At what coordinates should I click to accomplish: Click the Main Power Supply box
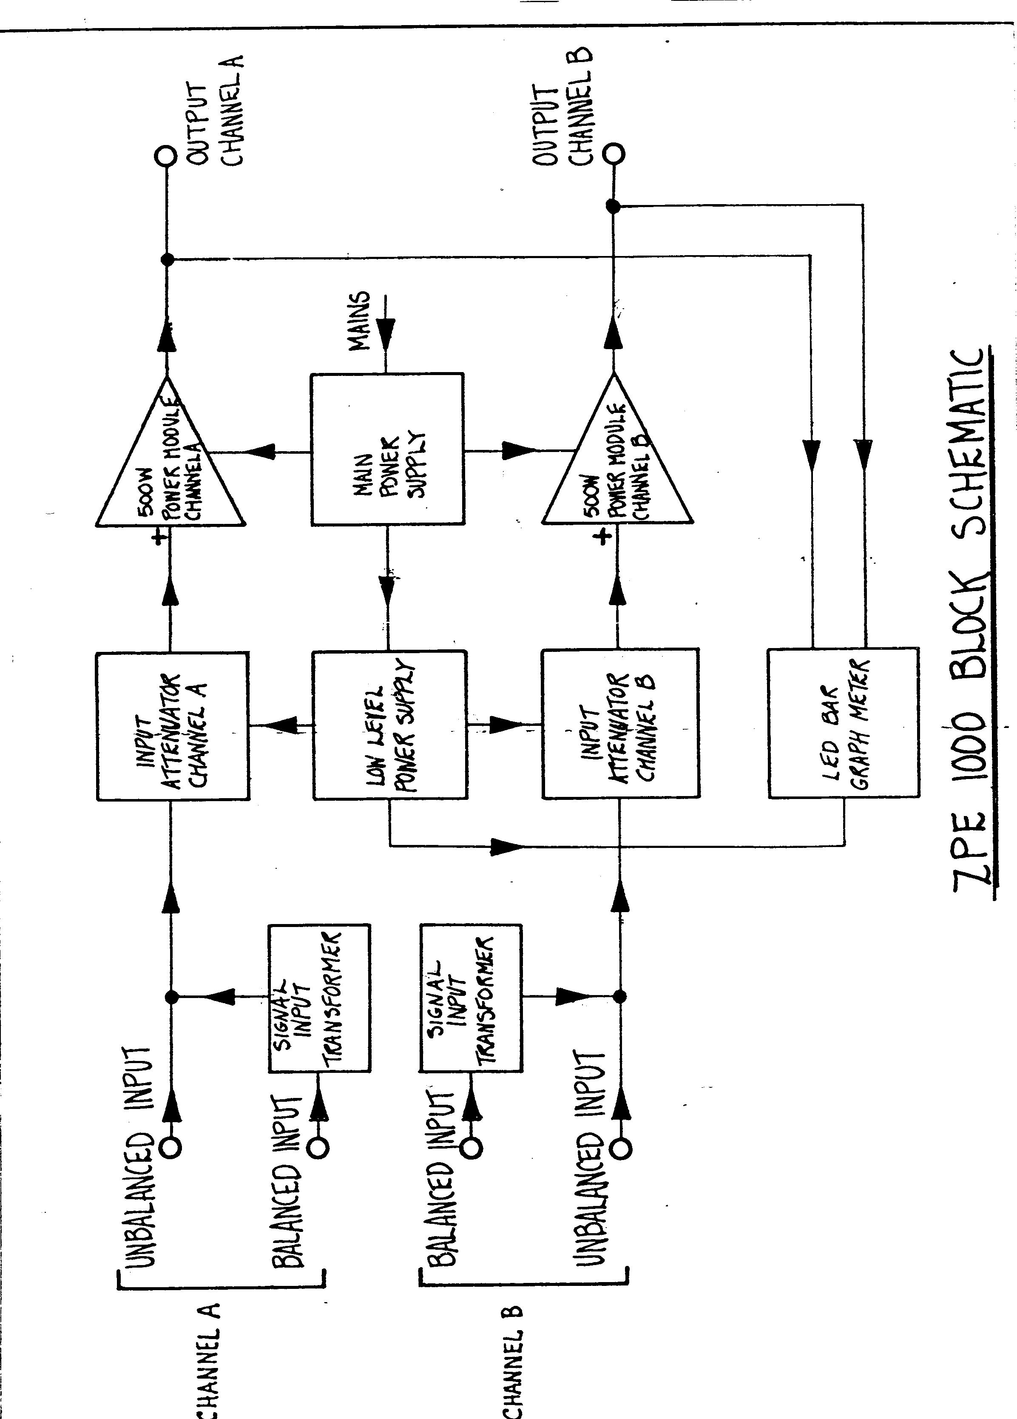387,449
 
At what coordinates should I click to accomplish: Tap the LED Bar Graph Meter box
843,722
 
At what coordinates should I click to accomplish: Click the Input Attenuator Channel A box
173,726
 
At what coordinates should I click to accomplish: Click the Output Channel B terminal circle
613,153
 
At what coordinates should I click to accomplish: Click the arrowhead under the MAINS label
386,330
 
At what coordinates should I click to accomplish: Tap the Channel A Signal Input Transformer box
318,998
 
